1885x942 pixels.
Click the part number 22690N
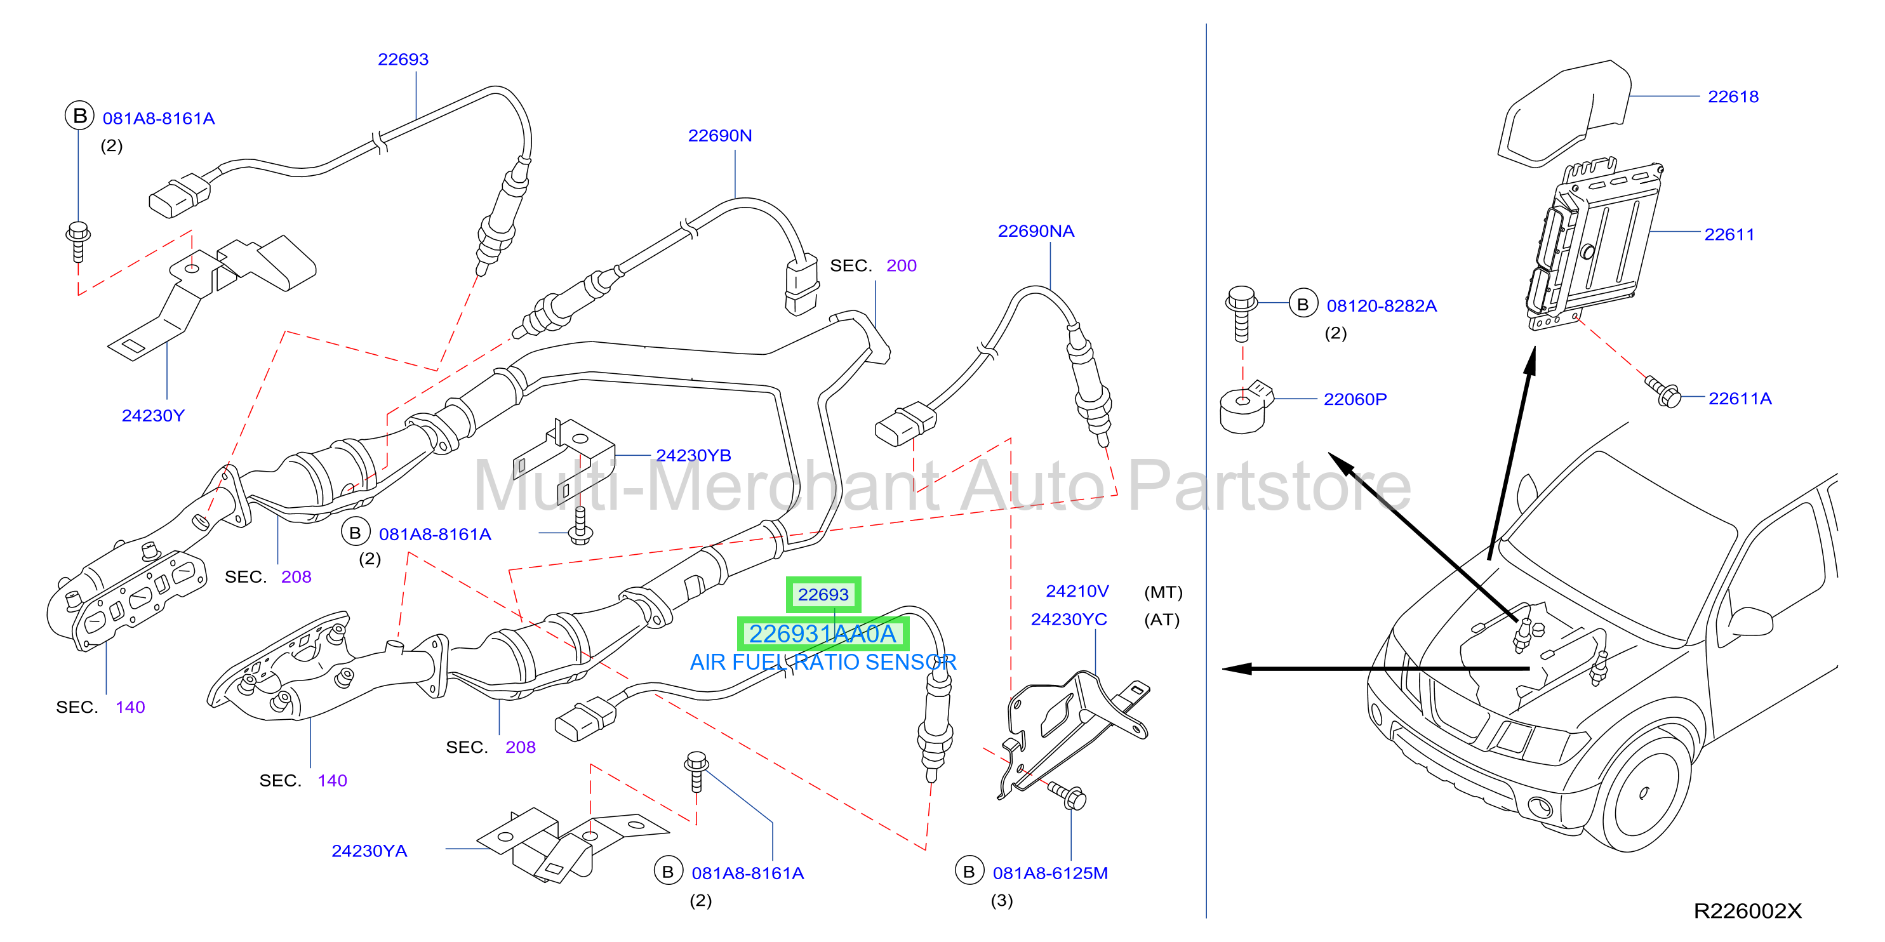tap(719, 135)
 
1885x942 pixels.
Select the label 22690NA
tap(1036, 231)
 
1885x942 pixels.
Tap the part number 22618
tap(1733, 96)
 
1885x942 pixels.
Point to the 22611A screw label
tap(1740, 399)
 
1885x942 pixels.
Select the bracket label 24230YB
tap(693, 456)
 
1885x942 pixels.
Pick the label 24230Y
tap(153, 415)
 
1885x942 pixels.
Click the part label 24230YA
tap(369, 851)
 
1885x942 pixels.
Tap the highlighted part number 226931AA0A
tap(822, 634)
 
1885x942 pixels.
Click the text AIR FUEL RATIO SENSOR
tap(823, 663)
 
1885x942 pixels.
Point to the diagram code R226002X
tap(1747, 912)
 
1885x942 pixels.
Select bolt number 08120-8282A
tap(1382, 306)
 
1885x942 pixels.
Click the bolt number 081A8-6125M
tap(1050, 873)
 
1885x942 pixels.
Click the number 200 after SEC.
tap(901, 265)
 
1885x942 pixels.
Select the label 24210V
tap(1077, 591)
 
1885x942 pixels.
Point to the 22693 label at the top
tap(403, 59)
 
